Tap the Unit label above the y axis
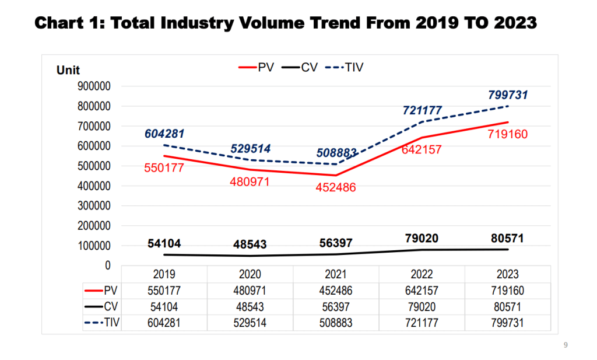tap(68, 71)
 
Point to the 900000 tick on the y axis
tap(94, 86)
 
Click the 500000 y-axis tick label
tap(94, 166)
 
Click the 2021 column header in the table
tap(336, 274)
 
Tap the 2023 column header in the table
tap(507, 274)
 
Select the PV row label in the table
tap(109, 290)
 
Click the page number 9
tap(566, 345)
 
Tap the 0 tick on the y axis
tap(107, 265)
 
